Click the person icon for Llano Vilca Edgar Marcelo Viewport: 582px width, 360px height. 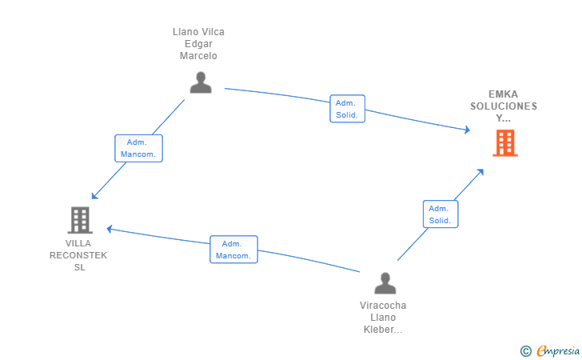pyautogui.click(x=201, y=82)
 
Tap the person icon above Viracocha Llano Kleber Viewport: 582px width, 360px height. pyautogui.click(x=385, y=283)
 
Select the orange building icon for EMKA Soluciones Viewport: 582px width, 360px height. pyautogui.click(x=505, y=142)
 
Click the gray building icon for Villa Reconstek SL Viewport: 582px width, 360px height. pyautogui.click(x=80, y=220)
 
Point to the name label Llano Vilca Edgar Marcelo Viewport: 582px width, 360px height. pyautogui.click(x=198, y=44)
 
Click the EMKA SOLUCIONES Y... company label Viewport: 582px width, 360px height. pyautogui.click(x=504, y=106)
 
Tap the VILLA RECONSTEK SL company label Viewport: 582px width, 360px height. pyautogui.click(x=78, y=255)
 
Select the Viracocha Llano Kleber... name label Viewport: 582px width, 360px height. pyautogui.click(x=383, y=318)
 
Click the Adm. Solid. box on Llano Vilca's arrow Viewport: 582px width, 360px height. pyautogui.click(x=348, y=109)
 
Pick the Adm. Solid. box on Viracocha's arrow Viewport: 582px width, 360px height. pyautogui.click(x=440, y=214)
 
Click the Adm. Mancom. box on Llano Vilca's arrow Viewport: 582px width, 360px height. pyautogui.click(x=138, y=148)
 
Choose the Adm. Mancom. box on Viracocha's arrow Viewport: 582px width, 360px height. pyautogui.click(x=233, y=250)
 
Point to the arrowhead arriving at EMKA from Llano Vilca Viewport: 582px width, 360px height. pyautogui.click(x=468, y=130)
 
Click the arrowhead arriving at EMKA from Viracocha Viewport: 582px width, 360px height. pyautogui.click(x=480, y=172)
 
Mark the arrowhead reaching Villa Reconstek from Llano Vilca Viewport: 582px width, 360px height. pyautogui.click(x=94, y=196)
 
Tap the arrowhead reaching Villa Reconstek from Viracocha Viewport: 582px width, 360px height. pyautogui.click(x=109, y=229)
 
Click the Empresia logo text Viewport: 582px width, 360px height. pyautogui.click(x=558, y=350)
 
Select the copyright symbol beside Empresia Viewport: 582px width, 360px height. pyautogui.click(x=525, y=351)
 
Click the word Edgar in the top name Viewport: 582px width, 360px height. pyautogui.click(x=198, y=44)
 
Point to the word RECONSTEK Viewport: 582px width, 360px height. pyautogui.click(x=78, y=255)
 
